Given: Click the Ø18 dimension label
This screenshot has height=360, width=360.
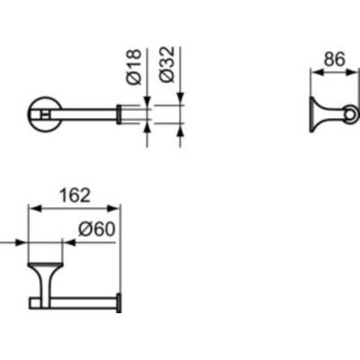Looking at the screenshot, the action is (x=134, y=67).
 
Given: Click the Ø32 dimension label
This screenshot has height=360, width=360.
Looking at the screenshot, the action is (x=167, y=64).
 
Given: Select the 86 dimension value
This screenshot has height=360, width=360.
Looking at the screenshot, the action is (x=335, y=59).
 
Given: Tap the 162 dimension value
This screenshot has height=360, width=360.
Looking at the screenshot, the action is (x=75, y=195).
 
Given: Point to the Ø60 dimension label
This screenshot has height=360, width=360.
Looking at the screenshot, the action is (x=97, y=229).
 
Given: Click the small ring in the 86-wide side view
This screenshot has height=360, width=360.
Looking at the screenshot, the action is (x=350, y=114).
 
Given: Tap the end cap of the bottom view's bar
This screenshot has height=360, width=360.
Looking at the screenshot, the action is (x=119, y=303).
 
